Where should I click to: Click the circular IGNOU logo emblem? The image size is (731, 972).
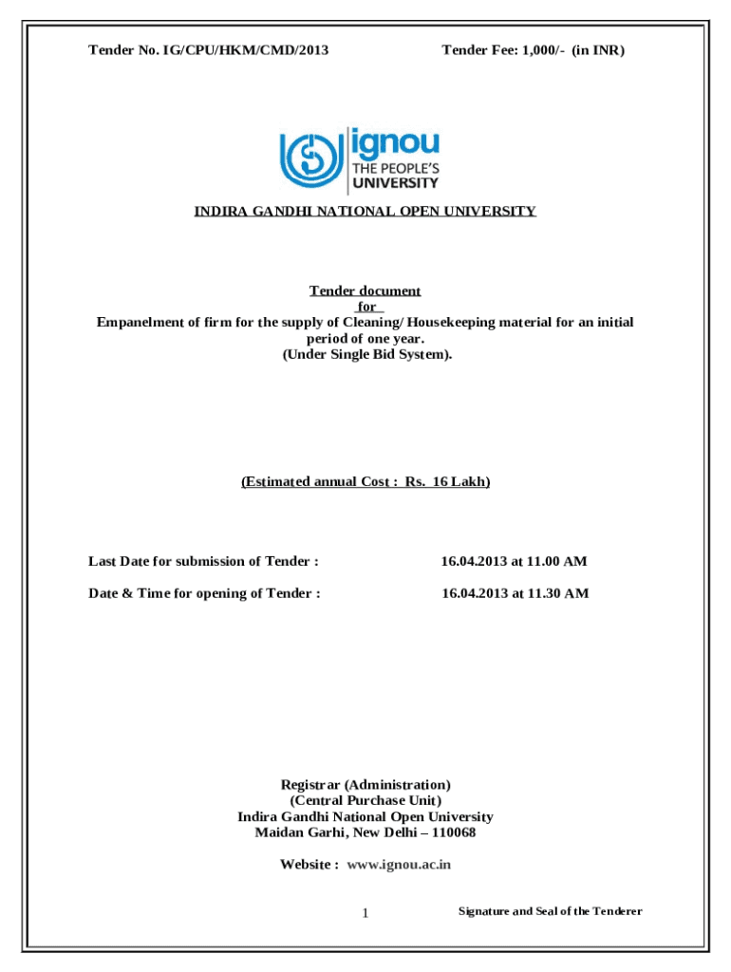click(312, 159)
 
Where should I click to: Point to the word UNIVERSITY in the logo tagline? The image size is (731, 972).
click(396, 183)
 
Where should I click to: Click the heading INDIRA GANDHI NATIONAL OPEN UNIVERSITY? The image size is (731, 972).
click(365, 211)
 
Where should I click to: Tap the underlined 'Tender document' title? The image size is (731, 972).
click(365, 290)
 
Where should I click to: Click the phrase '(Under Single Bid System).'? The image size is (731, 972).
click(365, 354)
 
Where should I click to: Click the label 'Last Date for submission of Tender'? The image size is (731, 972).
click(203, 561)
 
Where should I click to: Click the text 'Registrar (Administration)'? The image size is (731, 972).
click(365, 785)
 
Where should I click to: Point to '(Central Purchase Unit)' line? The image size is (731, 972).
click(365, 800)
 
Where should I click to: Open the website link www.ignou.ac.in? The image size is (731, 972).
click(399, 865)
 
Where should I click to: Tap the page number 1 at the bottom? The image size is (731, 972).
click(364, 913)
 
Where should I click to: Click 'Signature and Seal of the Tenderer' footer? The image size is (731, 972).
click(551, 911)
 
